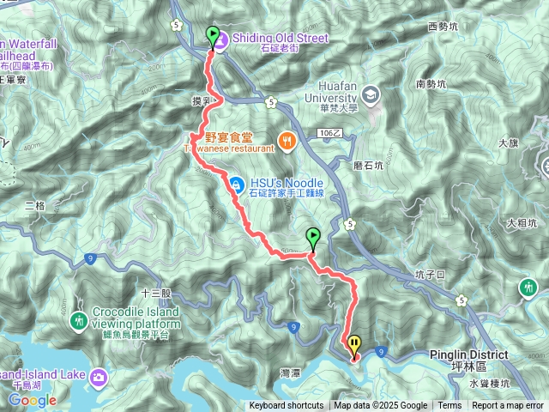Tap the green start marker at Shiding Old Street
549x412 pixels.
click(213, 36)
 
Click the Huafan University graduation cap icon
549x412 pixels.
click(371, 93)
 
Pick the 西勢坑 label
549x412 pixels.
click(443, 27)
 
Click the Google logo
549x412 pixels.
click(32, 400)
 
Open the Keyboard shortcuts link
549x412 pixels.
click(287, 406)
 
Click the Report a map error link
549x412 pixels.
click(507, 406)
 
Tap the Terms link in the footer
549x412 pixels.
click(449, 406)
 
